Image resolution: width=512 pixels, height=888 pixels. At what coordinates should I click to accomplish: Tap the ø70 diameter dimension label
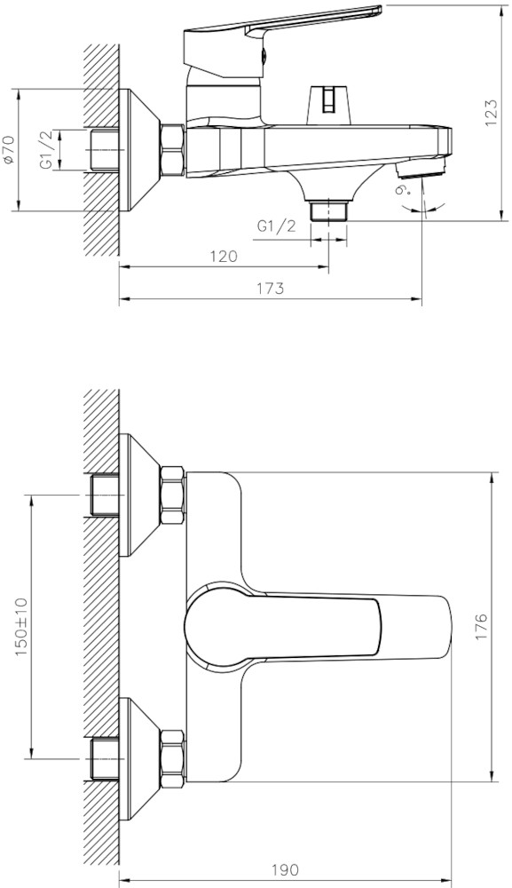pyautogui.click(x=8, y=150)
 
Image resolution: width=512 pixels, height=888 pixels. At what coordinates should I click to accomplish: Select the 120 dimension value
pyautogui.click(x=224, y=256)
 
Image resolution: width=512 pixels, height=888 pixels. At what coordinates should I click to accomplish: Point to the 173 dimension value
pyautogui.click(x=270, y=288)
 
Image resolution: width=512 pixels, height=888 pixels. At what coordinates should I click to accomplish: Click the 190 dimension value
pyautogui.click(x=285, y=868)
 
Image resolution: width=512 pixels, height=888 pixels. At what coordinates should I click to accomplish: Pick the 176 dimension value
pyautogui.click(x=481, y=626)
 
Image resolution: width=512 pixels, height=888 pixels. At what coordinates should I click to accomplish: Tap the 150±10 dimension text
pyautogui.click(x=21, y=626)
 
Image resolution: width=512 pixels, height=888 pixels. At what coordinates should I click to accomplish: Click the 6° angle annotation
pyautogui.click(x=403, y=190)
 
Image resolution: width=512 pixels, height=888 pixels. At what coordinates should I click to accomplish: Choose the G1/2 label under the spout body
pyautogui.click(x=277, y=226)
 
